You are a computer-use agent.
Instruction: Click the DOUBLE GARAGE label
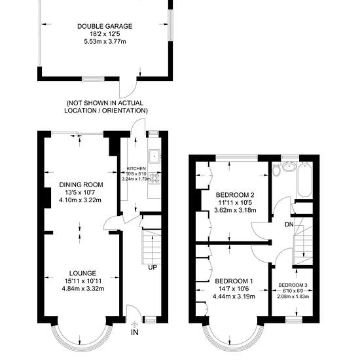click(105, 26)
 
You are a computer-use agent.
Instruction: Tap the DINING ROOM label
click(81, 185)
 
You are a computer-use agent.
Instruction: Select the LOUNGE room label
click(82, 273)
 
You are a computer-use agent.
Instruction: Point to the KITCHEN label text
click(136, 168)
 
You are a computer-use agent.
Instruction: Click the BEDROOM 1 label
click(234, 281)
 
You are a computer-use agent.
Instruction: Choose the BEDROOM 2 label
click(235, 195)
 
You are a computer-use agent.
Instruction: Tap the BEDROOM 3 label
click(293, 285)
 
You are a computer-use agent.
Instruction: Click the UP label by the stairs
click(153, 268)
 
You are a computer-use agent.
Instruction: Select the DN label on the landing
click(289, 225)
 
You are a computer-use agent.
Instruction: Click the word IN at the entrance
click(135, 333)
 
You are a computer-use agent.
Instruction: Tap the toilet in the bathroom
click(276, 170)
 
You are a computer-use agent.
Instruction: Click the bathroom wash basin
click(289, 166)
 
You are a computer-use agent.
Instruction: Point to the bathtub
click(304, 179)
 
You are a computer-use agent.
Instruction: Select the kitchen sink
click(154, 156)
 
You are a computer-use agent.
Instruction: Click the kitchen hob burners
click(154, 178)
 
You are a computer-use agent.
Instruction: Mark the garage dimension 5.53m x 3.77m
click(105, 42)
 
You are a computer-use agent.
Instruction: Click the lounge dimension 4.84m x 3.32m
click(83, 289)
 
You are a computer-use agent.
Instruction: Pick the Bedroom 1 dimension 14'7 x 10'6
click(234, 289)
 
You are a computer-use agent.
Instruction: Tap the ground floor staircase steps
click(152, 247)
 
